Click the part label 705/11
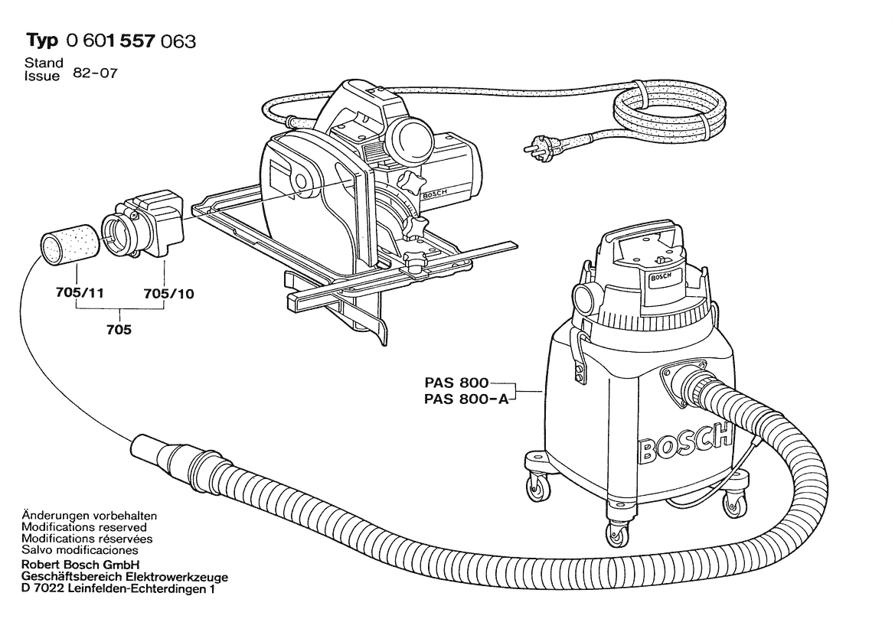[x=80, y=292]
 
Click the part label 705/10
[x=169, y=294]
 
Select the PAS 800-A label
[x=465, y=399]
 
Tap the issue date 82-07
[x=96, y=73]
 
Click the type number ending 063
[x=131, y=41]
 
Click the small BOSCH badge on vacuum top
[x=661, y=277]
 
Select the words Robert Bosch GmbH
[x=80, y=565]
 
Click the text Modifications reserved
[x=84, y=527]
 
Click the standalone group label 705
[x=119, y=330]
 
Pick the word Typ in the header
[x=42, y=41]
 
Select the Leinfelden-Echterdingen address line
[x=118, y=589]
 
